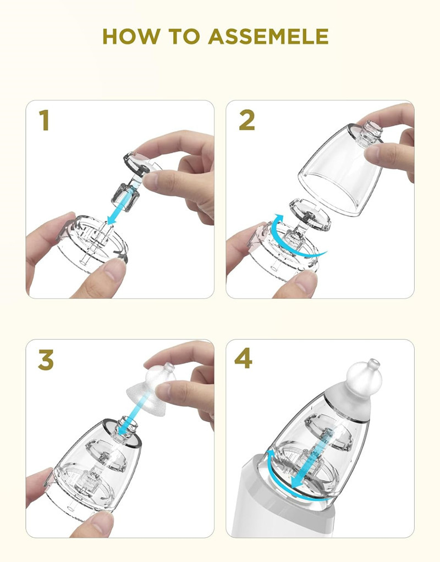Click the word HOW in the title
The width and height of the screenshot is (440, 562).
pyautogui.click(x=131, y=36)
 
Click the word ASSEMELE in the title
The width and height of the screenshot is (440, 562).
pyautogui.click(x=268, y=36)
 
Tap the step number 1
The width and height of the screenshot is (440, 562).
pyautogui.click(x=44, y=120)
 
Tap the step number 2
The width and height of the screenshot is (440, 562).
pyautogui.click(x=247, y=120)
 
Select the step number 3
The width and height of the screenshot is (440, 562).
pyautogui.click(x=46, y=359)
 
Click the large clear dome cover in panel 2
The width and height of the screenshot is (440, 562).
pyautogui.click(x=339, y=171)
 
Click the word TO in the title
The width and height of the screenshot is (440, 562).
pyautogui.click(x=184, y=36)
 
